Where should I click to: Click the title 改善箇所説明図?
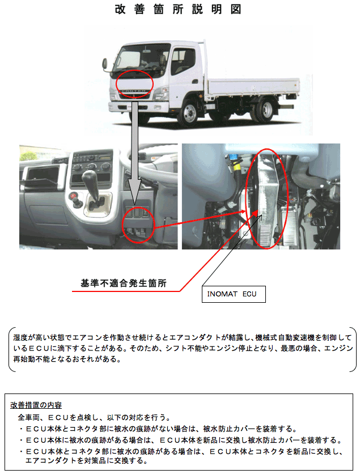pyautogui.click(x=178, y=10)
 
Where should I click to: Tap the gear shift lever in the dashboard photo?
pyautogui.click(x=93, y=188)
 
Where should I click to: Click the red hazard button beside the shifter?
pyautogui.click(x=73, y=196)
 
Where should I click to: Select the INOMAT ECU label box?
pyautogui.click(x=234, y=294)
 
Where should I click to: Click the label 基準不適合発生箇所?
pyautogui.click(x=124, y=283)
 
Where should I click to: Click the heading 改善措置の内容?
pyautogui.click(x=36, y=405)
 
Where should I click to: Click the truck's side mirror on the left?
pyautogui.click(x=105, y=65)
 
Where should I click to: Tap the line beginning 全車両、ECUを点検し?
pyautogui.click(x=95, y=417)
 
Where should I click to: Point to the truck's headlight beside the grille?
pyautogui.click(x=161, y=92)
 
